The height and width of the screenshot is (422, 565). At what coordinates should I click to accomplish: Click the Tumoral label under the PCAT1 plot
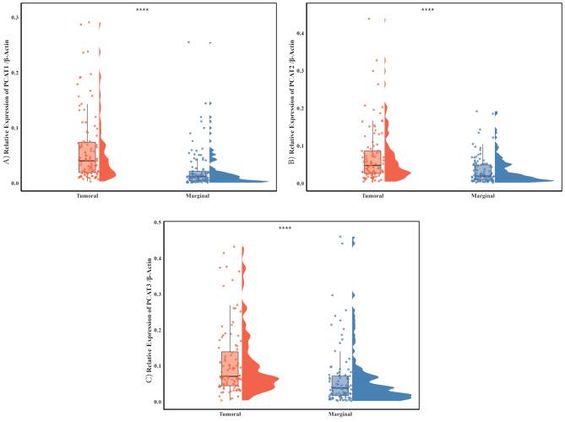(87, 196)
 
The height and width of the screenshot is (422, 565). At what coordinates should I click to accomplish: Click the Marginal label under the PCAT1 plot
(200, 196)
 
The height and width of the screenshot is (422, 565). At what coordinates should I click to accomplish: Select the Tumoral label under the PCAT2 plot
(372, 196)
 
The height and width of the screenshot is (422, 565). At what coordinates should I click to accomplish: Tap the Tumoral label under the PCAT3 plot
(230, 414)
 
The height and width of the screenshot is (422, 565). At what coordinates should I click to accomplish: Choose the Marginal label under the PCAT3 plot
(342, 414)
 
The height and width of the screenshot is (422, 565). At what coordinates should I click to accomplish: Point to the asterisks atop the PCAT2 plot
(427, 9)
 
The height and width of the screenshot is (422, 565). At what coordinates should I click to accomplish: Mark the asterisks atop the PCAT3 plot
(285, 227)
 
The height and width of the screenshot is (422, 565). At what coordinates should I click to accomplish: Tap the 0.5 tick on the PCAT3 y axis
(157, 222)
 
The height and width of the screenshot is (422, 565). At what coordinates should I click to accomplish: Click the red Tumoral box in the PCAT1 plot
(87, 157)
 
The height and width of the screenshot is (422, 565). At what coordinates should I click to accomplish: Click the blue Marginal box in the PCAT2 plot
(482, 172)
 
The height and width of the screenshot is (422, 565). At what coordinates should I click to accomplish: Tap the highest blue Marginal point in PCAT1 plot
(188, 41)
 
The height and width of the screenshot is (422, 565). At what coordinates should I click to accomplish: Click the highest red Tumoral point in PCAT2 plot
(368, 19)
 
